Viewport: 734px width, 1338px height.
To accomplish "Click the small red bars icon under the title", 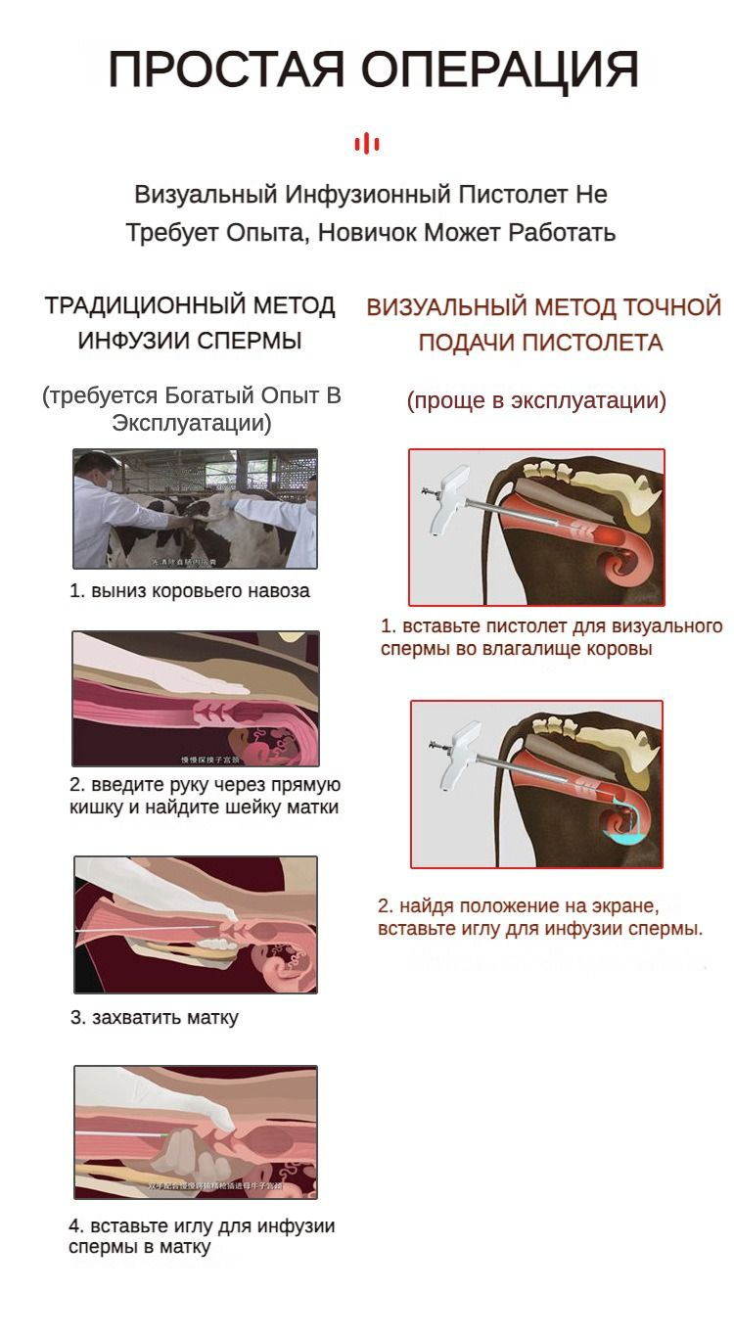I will tap(367, 144).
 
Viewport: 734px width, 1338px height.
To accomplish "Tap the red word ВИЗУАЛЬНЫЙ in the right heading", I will tap(446, 307).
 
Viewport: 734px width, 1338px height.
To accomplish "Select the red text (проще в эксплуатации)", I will tap(536, 400).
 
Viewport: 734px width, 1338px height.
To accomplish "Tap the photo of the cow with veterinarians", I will tap(195, 509).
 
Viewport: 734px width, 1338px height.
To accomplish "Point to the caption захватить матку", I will tap(154, 1017).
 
